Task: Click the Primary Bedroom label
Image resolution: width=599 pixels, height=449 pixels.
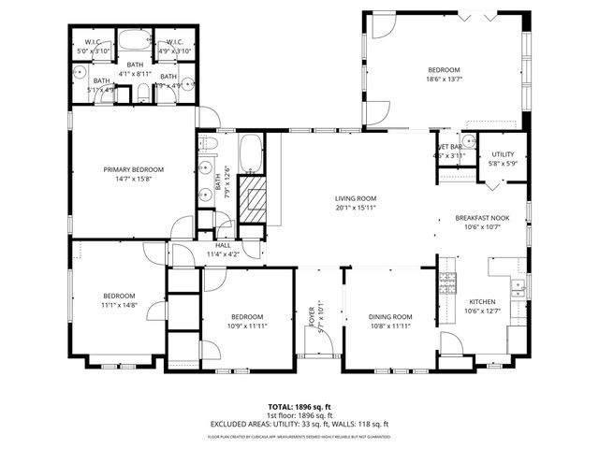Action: (133, 169)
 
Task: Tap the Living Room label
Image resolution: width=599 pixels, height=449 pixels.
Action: (356, 198)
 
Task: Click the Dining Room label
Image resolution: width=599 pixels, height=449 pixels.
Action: (389, 317)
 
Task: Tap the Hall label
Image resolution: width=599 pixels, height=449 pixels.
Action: (223, 245)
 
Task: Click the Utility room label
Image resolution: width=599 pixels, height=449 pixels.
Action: (503, 154)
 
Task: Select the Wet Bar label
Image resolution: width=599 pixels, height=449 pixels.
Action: (450, 147)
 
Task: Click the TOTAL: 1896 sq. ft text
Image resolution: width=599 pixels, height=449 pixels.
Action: (299, 407)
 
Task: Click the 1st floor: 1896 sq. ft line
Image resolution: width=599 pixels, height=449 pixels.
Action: (299, 415)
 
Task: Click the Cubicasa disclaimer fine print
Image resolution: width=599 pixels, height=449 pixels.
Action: (299, 436)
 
